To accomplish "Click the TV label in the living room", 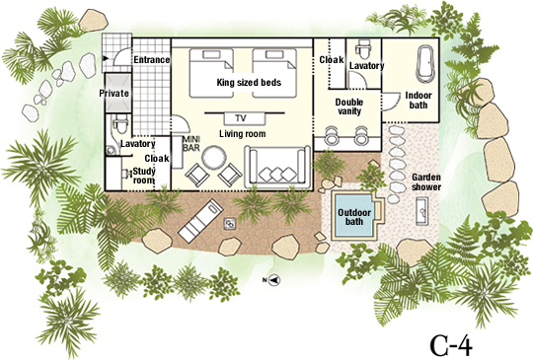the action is [x=241, y=118].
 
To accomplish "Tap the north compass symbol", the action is [x=274, y=280].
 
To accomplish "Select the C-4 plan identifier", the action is [x=451, y=345].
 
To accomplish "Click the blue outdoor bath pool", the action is [x=354, y=215].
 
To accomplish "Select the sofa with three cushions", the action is [x=277, y=167].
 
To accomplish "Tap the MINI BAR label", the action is [x=191, y=143].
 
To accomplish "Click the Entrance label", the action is [x=151, y=60].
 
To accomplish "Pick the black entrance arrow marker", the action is [x=106, y=59].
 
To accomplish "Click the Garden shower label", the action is [x=426, y=182].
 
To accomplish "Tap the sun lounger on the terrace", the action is [x=200, y=221].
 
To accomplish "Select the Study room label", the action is [x=144, y=176].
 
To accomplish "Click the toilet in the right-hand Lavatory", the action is [x=363, y=49].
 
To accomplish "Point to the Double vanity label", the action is [x=349, y=107].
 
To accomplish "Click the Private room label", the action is [x=114, y=93].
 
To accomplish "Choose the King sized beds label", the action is [x=249, y=83].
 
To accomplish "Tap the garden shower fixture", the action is [x=422, y=211].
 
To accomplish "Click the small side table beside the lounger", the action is [x=229, y=224].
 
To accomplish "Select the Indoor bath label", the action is [x=419, y=101].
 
